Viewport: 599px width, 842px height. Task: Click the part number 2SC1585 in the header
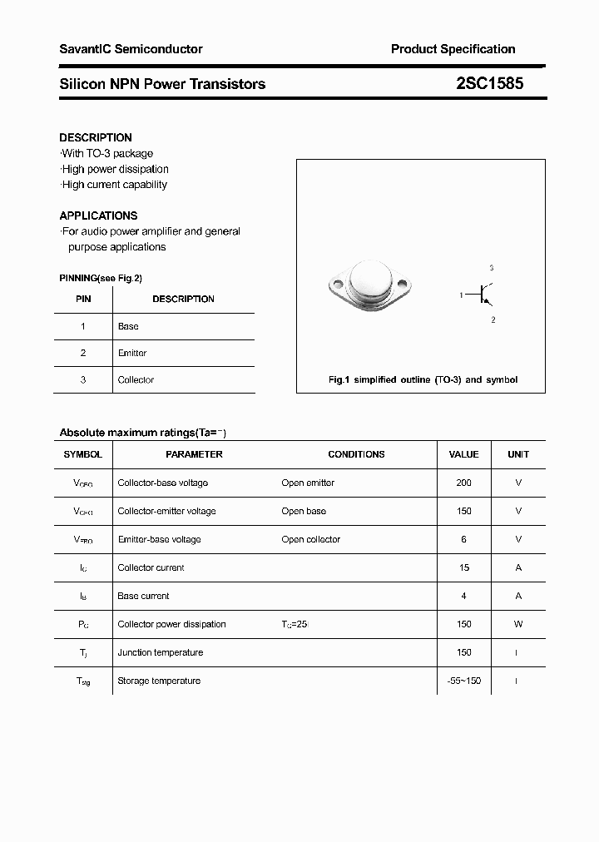click(490, 83)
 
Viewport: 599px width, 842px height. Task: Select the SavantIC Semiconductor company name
click(131, 49)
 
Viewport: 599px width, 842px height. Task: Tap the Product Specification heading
click(453, 49)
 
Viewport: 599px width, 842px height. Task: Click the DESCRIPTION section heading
click(96, 137)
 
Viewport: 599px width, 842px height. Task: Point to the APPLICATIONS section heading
click(98, 215)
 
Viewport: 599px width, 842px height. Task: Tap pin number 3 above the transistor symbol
click(492, 268)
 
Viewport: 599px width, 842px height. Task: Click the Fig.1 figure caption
click(423, 379)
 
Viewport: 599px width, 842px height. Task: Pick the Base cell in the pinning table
click(128, 326)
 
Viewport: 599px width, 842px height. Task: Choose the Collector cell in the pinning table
click(136, 379)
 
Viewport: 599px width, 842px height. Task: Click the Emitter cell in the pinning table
click(132, 353)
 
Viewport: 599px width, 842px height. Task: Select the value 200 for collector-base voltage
click(463, 483)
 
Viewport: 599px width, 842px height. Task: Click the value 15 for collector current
click(463, 567)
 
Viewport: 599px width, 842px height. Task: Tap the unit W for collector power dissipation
click(518, 624)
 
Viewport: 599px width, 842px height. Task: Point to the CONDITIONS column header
click(356, 454)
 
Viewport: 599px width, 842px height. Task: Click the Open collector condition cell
click(311, 539)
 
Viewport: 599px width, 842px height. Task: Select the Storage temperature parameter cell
click(159, 681)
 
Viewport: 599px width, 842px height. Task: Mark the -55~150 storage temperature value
click(463, 681)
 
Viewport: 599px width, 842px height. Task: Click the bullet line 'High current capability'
click(114, 185)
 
